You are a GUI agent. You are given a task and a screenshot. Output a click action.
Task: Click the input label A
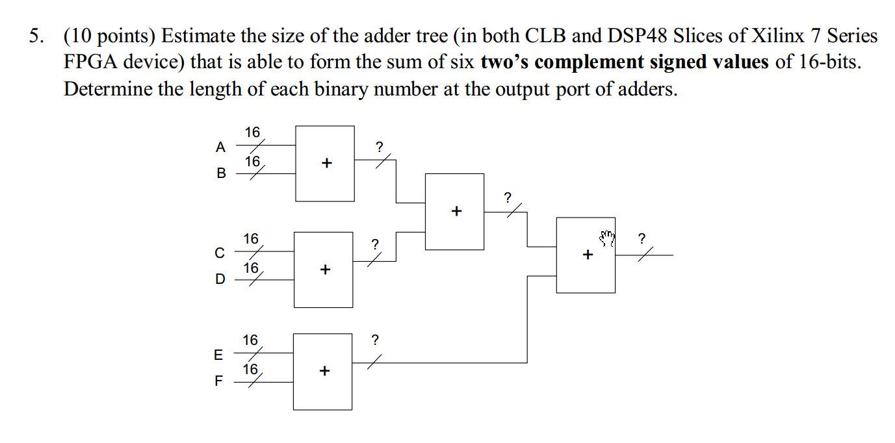tap(220, 147)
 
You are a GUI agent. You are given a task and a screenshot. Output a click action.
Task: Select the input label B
tap(221, 173)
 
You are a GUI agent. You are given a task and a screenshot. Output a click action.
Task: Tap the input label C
tap(220, 253)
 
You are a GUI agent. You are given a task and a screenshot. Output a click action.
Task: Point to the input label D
tap(220, 279)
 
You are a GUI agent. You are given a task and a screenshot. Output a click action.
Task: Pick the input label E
tap(218, 355)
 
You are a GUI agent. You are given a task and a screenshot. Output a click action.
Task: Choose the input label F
tap(218, 381)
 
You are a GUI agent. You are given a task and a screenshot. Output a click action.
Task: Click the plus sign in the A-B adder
tap(326, 163)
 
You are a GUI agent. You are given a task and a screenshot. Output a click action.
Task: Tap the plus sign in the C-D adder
tap(325, 269)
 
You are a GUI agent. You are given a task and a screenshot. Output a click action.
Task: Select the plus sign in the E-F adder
tap(324, 371)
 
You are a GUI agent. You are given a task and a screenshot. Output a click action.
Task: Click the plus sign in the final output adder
tap(588, 255)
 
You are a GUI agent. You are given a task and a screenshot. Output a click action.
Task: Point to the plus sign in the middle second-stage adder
tap(456, 211)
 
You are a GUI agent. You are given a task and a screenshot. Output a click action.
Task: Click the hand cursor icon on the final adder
tap(607, 239)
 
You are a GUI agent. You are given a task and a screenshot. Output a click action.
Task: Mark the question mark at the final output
tap(642, 238)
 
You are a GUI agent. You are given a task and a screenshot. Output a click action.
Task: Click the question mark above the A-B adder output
tap(380, 147)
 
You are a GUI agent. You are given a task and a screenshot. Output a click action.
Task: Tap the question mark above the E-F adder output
tap(374, 340)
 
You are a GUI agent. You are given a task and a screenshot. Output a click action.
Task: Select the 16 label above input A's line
tap(252, 133)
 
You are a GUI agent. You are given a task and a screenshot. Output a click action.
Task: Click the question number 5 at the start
tap(36, 36)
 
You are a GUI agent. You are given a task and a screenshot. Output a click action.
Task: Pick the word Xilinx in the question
tap(777, 36)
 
